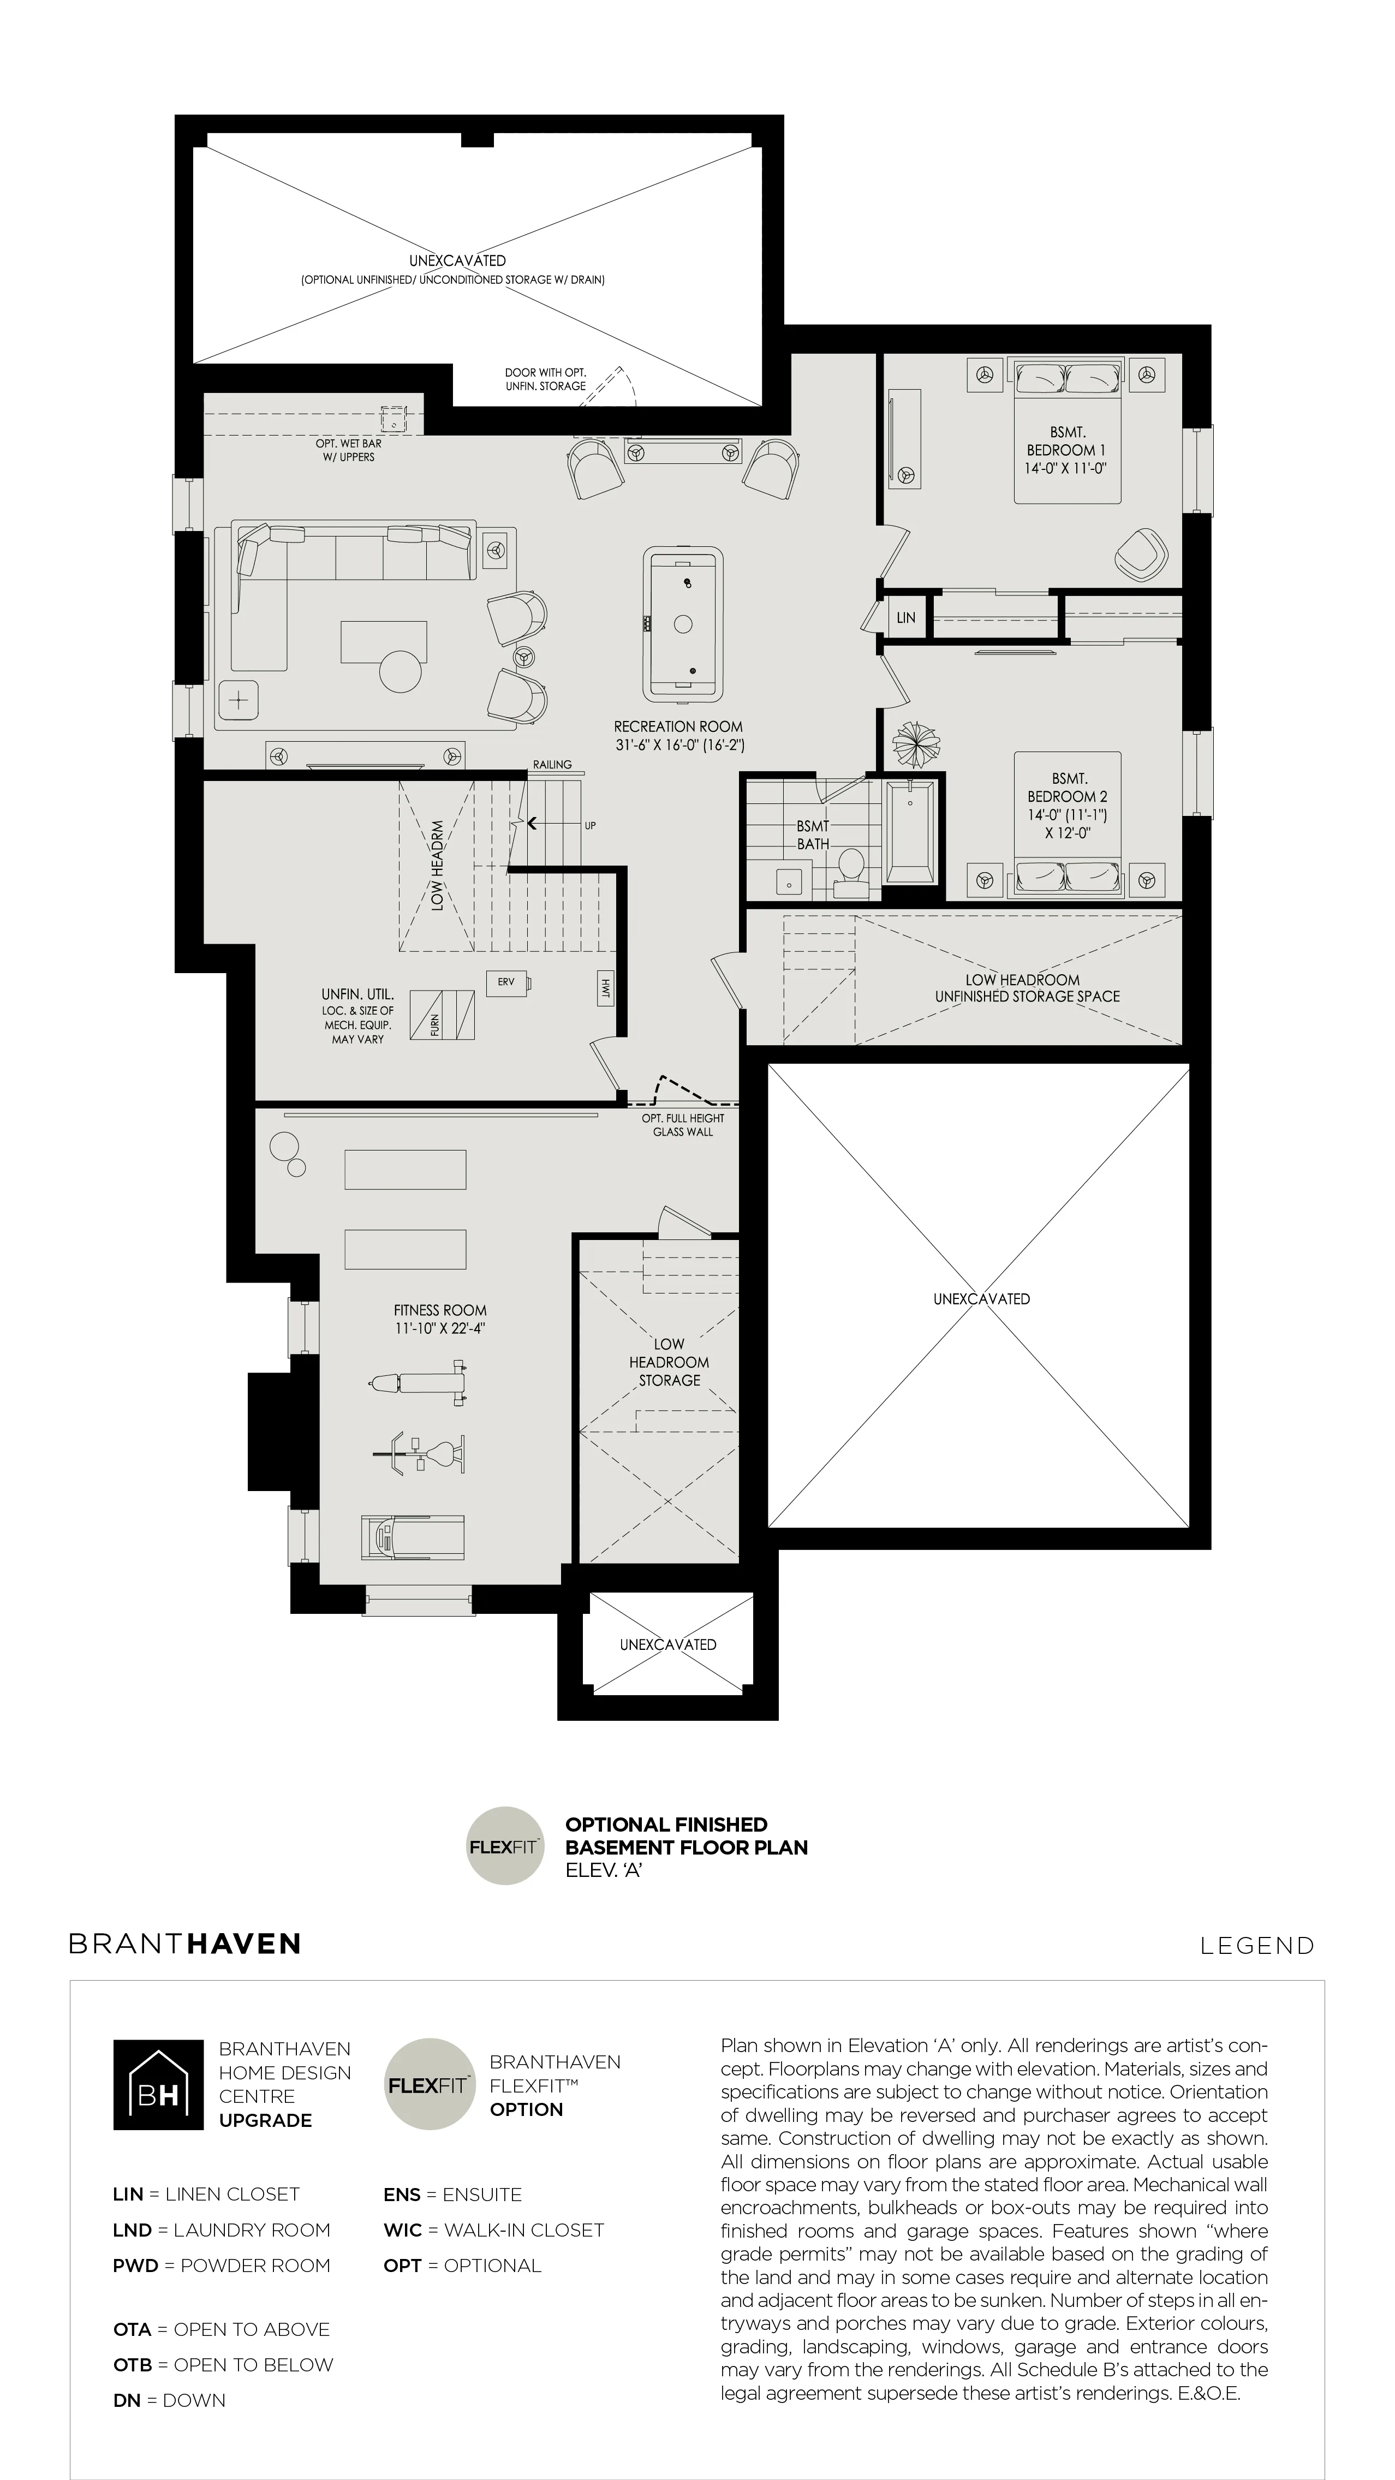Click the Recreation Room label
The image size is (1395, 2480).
coord(679,736)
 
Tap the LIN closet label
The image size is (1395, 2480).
coord(906,618)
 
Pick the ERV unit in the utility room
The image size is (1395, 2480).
coord(508,983)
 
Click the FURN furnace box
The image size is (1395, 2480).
coord(442,1015)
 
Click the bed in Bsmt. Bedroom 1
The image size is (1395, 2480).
coord(1068,431)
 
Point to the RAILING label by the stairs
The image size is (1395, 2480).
coord(553,765)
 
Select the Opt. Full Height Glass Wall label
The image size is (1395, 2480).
coord(683,1124)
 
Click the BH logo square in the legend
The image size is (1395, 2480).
coord(158,2084)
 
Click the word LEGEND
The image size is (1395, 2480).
coord(1256,1946)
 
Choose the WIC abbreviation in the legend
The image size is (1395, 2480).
coord(402,2229)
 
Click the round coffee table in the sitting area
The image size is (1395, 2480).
coord(402,671)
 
